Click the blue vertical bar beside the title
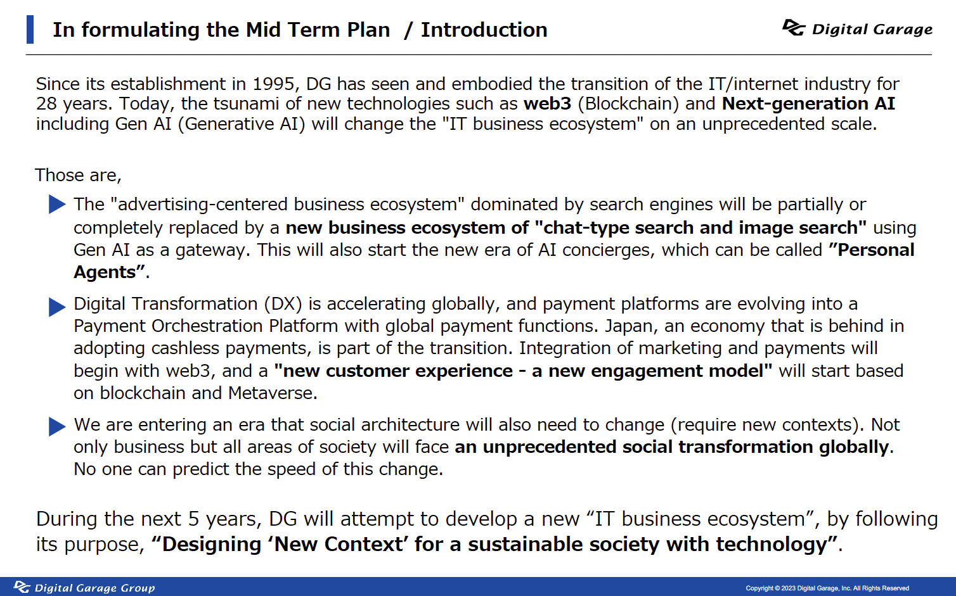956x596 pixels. tap(30, 29)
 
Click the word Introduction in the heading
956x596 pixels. tap(484, 30)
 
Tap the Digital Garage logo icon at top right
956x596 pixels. tap(794, 28)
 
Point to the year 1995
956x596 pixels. tap(273, 84)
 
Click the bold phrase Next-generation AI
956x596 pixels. tap(808, 104)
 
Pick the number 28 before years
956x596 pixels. tap(46, 104)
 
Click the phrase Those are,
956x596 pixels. tap(78, 175)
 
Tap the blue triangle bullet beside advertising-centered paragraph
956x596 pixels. tap(57, 204)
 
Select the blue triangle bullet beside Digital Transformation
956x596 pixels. tap(57, 307)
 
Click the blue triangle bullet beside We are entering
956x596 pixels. tap(57, 426)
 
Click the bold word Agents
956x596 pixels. tap(105, 272)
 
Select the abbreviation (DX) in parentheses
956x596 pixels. tap(283, 304)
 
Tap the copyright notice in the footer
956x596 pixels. tap(827, 588)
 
